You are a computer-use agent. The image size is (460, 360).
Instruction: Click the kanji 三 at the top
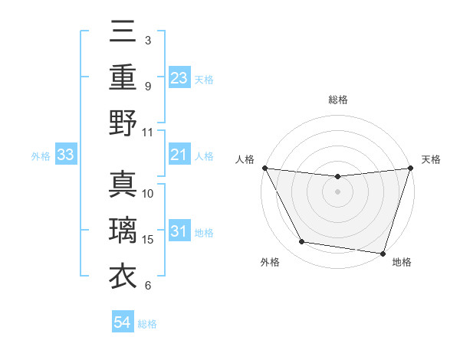click(123, 34)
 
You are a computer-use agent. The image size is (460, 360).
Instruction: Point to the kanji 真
click(123, 186)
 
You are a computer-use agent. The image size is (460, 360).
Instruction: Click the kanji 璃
click(123, 231)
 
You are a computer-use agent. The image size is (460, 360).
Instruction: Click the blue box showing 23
click(179, 77)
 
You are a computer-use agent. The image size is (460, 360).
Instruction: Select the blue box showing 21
click(179, 155)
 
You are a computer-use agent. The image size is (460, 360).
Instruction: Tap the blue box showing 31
click(179, 231)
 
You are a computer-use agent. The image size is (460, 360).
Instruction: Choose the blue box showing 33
click(66, 155)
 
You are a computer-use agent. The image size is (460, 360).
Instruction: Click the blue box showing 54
click(123, 323)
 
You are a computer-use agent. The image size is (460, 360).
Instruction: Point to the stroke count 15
click(148, 240)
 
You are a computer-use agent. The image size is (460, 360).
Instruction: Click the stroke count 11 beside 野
click(148, 132)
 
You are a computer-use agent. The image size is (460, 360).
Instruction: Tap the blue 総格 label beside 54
click(147, 324)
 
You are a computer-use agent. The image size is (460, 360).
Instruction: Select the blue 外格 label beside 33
click(41, 156)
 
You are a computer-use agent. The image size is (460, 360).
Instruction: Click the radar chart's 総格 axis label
click(337, 100)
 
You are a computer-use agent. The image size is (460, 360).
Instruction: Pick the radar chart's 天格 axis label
click(431, 159)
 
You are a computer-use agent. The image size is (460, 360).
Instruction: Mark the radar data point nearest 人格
click(264, 168)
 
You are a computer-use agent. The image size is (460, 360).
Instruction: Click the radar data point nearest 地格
click(382, 253)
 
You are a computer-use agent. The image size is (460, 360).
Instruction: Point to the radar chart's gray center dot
click(337, 191)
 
